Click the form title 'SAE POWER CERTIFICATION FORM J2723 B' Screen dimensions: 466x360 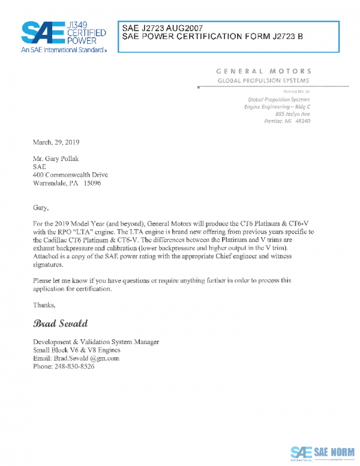[x=212, y=37]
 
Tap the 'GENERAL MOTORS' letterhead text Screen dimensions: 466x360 [x=263, y=71]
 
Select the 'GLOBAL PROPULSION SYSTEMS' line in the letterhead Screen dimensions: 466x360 [x=263, y=80]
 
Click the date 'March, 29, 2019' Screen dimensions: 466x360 [x=56, y=142]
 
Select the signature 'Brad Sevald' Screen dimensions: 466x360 [x=61, y=324]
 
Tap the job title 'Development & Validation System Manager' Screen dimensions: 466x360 [x=96, y=342]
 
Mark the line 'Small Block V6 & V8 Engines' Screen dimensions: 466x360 [x=77, y=350]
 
